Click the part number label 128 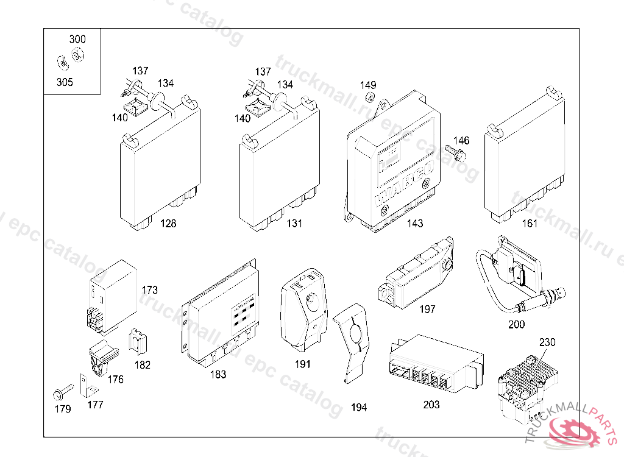pos(168,224)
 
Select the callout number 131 pos(294,224)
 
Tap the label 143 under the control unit pos(415,224)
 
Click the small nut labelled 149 pos(369,97)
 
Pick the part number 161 pos(530,224)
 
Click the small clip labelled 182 pos(140,342)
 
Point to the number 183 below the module pos(218,375)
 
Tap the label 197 pos(428,310)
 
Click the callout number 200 pos(516,325)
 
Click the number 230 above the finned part pos(547,342)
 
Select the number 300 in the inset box pos(77,39)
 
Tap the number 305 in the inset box pos(65,82)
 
